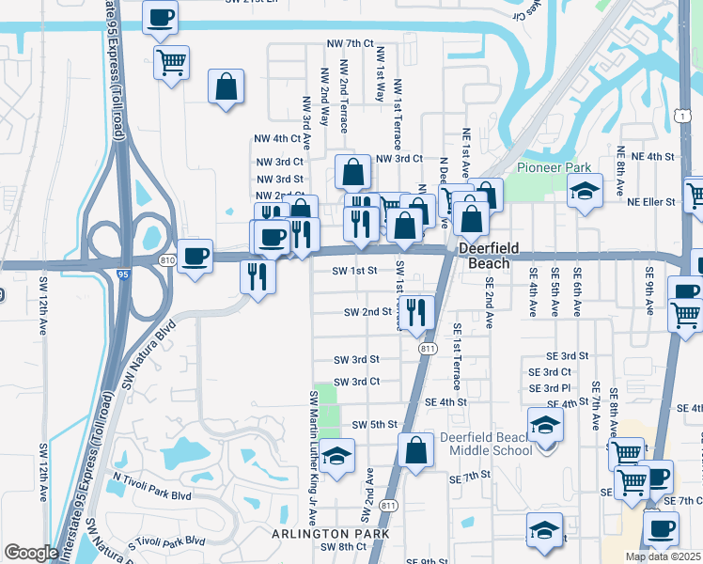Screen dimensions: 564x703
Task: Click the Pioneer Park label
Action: [554, 168]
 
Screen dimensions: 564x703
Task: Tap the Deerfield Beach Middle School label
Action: [487, 444]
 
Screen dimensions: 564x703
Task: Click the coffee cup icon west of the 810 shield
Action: [195, 256]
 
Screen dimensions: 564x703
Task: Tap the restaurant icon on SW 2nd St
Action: [417, 311]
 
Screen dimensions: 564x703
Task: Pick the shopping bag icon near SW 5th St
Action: [415, 449]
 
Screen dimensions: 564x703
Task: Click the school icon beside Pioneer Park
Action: [585, 192]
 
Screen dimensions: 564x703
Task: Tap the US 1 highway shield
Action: [680, 114]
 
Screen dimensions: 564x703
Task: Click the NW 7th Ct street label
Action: [350, 44]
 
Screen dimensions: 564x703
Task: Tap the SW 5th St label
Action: [374, 425]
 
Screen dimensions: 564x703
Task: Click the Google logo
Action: [31, 554]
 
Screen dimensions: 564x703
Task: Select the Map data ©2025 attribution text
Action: [664, 556]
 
